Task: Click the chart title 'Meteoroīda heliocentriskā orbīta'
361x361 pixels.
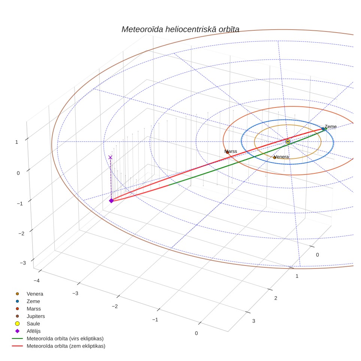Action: click(x=180, y=29)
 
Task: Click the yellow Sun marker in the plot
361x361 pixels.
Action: click(x=288, y=142)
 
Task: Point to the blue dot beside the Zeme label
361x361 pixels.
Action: click(x=323, y=129)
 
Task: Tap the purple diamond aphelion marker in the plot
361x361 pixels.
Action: click(x=112, y=201)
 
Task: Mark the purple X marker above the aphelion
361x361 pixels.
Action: click(x=110, y=157)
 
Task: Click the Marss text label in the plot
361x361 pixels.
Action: click(x=231, y=151)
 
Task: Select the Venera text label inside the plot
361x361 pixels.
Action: click(x=281, y=157)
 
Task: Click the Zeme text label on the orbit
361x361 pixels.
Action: click(x=331, y=127)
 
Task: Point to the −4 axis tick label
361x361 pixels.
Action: click(x=37, y=280)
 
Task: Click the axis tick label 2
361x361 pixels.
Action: click(x=276, y=298)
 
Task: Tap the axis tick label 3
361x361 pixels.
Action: click(x=254, y=321)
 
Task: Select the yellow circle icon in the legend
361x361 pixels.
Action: click(x=17, y=324)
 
